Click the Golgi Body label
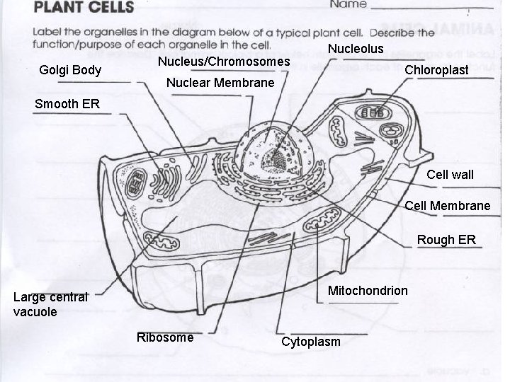[x=70, y=71]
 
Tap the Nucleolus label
[x=356, y=49]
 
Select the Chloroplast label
[x=436, y=70]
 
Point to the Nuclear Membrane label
[x=220, y=83]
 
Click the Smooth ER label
[x=67, y=104]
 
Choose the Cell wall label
[x=450, y=174]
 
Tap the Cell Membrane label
[x=447, y=206]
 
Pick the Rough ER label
[x=446, y=240]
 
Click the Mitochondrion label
[x=368, y=291]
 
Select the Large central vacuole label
[x=50, y=303]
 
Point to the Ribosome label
[x=165, y=337]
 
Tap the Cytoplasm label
[x=311, y=342]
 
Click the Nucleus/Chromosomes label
[x=223, y=62]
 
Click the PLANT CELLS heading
[x=84, y=8]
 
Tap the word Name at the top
[x=348, y=4]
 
